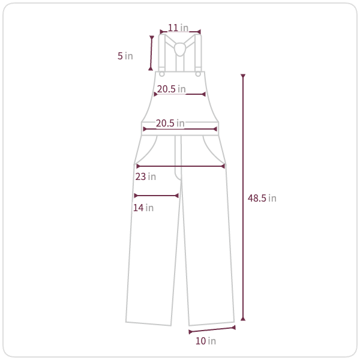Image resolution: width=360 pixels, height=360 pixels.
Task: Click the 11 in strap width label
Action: click(178, 28)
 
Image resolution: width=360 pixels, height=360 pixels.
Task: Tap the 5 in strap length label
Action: click(125, 56)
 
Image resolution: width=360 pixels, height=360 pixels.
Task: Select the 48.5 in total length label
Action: click(262, 198)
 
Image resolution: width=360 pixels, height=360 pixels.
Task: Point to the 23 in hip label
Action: click(146, 176)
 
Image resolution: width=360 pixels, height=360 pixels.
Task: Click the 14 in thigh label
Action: click(143, 208)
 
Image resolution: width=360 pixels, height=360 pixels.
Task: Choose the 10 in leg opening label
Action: click(206, 341)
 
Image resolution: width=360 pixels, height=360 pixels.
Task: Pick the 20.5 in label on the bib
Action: click(171, 89)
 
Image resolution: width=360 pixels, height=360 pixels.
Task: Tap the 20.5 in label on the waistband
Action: click(170, 123)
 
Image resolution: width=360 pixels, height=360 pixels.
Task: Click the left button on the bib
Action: click(162, 74)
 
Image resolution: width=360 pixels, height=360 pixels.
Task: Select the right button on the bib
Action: click(198, 74)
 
